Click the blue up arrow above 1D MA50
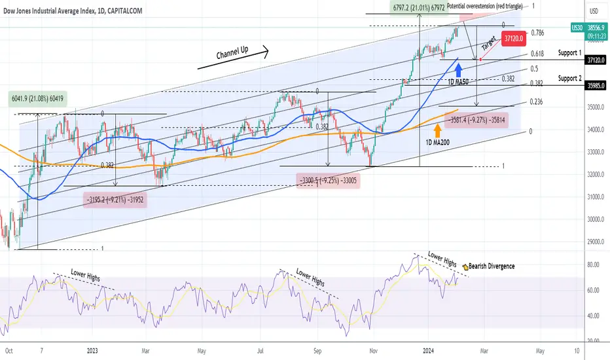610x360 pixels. pos(459,69)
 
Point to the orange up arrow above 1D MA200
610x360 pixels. pos(437,130)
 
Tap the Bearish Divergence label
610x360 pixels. pos(492,266)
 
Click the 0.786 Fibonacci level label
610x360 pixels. pos(537,33)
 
